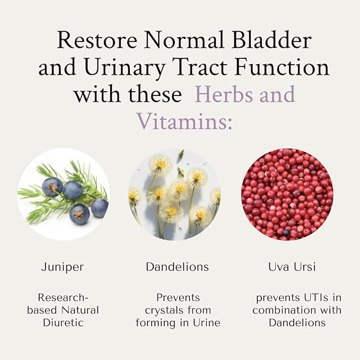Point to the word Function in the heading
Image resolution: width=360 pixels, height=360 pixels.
[x=285, y=68]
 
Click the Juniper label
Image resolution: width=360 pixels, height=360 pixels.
[x=63, y=267]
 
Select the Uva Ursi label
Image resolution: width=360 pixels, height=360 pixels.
[x=292, y=267]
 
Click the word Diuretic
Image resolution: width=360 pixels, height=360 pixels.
[x=63, y=322]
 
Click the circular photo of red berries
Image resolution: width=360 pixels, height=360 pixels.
[x=287, y=194]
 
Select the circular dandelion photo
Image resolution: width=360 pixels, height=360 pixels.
[x=174, y=194]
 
